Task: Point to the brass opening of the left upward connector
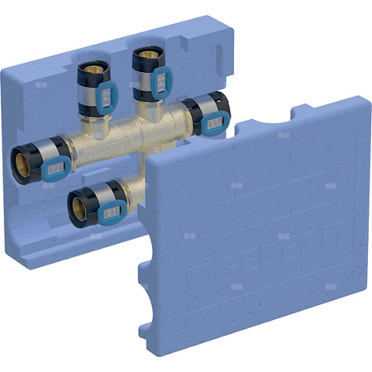pyautogui.click(x=88, y=64)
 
